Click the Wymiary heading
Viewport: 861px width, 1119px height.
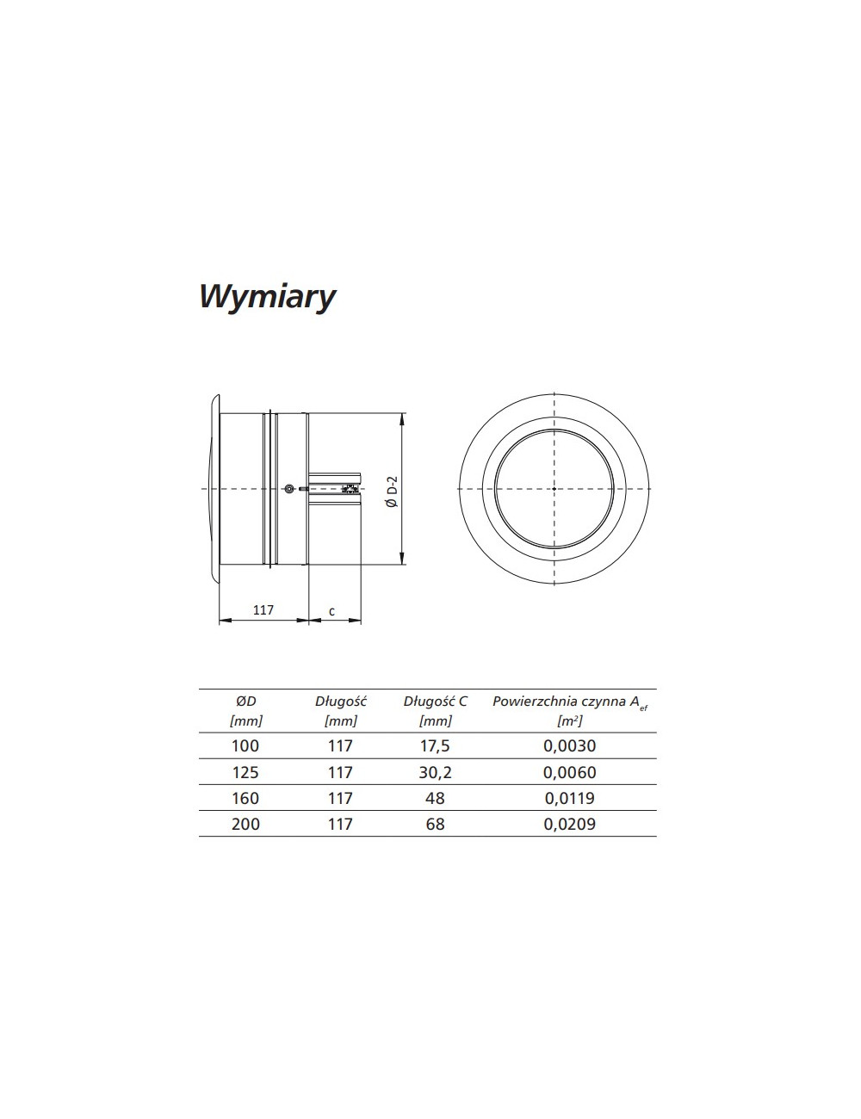point(267,298)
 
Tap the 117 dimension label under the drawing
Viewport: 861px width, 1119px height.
point(263,610)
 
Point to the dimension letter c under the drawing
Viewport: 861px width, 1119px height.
point(331,612)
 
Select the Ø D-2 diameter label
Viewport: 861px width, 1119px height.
point(393,491)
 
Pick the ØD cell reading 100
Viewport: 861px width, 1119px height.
point(245,745)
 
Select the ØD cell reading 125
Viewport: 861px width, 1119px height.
point(245,772)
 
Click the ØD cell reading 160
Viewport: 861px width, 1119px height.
point(245,798)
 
